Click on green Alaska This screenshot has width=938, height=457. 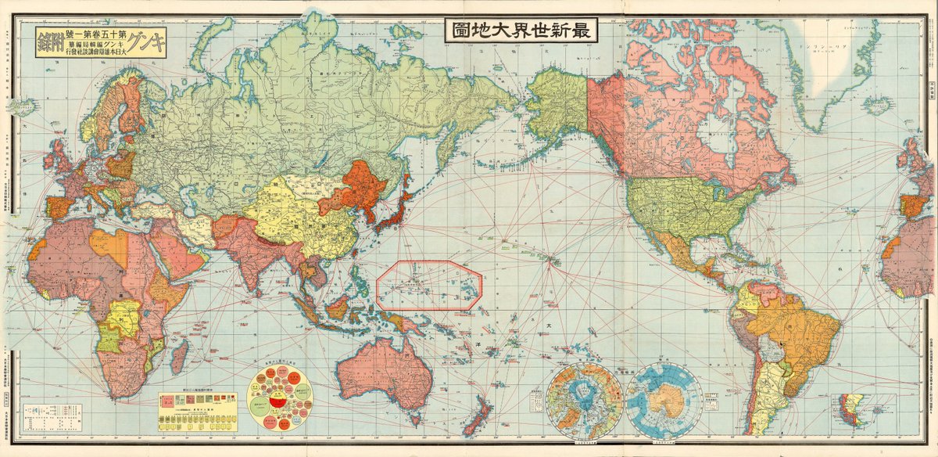tap(557, 102)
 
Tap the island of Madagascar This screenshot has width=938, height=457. tap(178, 358)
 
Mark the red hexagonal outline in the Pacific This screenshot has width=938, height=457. tap(428, 285)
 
